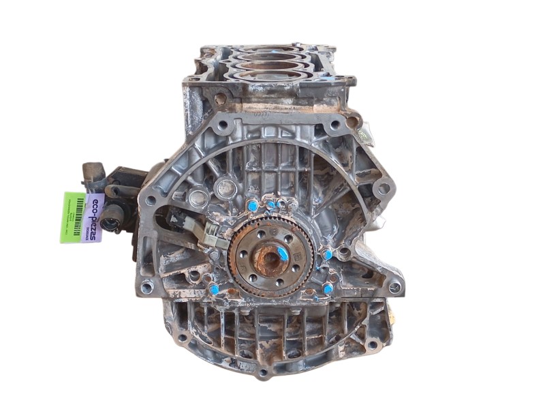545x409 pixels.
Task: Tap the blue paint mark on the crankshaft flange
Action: point(282,252)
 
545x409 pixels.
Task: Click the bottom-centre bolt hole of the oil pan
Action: point(263,373)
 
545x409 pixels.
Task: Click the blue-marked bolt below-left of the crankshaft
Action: point(215,289)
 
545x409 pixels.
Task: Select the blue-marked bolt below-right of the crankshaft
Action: point(328,288)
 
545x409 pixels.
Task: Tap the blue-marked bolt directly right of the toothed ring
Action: point(328,255)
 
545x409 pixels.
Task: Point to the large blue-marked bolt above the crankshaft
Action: point(253,205)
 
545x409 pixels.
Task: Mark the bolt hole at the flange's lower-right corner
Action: point(394,287)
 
